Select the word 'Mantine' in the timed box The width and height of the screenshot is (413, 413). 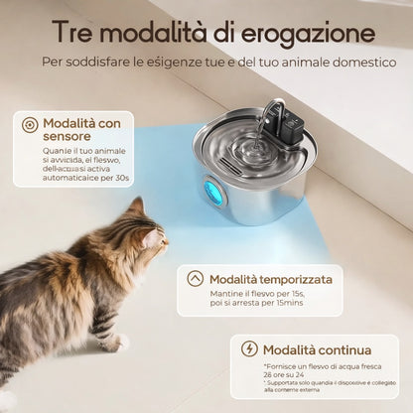(x=228, y=296)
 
